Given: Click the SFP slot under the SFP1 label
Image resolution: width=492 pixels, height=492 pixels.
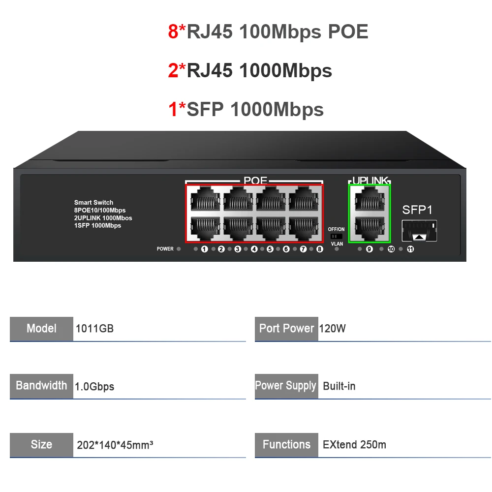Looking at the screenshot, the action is pyautogui.click(x=419, y=231).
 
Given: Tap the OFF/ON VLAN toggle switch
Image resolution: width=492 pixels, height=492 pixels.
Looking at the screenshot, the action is pyautogui.click(x=337, y=236).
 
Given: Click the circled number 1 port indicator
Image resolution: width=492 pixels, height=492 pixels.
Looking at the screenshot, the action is pyautogui.click(x=204, y=249).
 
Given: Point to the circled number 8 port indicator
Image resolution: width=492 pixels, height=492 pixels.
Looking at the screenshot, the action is pyautogui.click(x=320, y=249).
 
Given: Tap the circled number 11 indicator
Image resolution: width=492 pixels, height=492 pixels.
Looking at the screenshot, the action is pyautogui.click(x=410, y=249).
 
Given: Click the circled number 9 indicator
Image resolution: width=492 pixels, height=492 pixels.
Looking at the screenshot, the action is pyautogui.click(x=369, y=249).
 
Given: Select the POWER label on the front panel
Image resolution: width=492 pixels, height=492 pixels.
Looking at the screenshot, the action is pyautogui.click(x=165, y=249).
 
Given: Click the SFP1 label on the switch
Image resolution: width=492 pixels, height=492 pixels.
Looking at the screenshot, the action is pyautogui.click(x=417, y=210).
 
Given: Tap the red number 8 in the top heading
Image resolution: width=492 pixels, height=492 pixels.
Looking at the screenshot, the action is pyautogui.click(x=173, y=31).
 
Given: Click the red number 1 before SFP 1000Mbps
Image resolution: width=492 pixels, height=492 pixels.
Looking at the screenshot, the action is pyautogui.click(x=173, y=109).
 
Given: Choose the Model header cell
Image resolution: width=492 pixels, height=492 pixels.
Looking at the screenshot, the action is pyautogui.click(x=41, y=329).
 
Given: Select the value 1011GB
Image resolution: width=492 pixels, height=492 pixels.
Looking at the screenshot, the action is pyautogui.click(x=94, y=329).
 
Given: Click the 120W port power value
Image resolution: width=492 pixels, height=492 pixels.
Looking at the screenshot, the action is pyautogui.click(x=333, y=329).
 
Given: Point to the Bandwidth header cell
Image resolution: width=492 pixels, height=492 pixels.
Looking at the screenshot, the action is pyautogui.click(x=41, y=386).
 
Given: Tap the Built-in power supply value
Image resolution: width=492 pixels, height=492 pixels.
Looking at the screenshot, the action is pyautogui.click(x=339, y=386).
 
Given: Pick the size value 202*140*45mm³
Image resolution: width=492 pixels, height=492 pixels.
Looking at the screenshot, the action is pyautogui.click(x=115, y=445).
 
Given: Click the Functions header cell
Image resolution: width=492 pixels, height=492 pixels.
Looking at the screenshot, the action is pyautogui.click(x=286, y=445).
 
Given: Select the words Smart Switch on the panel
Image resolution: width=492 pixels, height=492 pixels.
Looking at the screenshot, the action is pyautogui.click(x=93, y=203).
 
